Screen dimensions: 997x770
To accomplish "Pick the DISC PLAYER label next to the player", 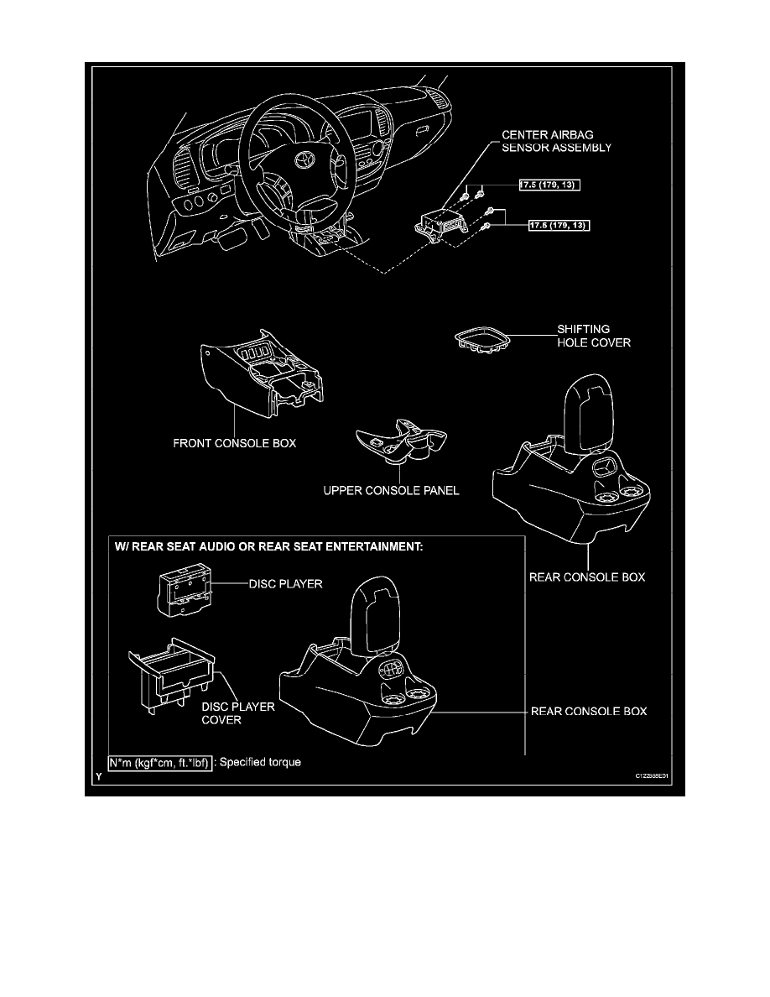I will coord(284,583).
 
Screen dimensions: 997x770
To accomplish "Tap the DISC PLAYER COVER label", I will coord(237,713).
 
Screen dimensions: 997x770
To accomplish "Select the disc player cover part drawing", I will coord(171,679).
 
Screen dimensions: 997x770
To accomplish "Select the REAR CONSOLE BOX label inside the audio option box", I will coord(590,712).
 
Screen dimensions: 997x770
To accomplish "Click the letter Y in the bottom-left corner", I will coord(99,777).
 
